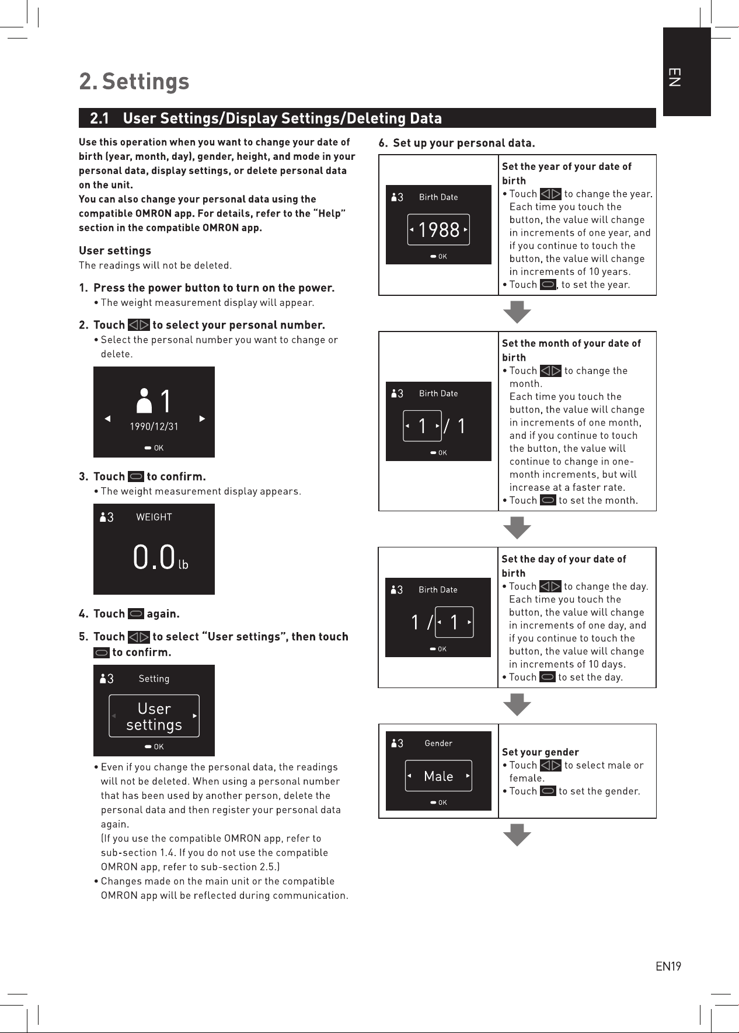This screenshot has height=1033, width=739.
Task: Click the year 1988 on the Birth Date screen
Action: tap(439, 230)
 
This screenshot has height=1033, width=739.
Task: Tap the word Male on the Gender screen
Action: tap(438, 776)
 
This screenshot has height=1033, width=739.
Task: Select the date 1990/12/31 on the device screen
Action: tap(154, 427)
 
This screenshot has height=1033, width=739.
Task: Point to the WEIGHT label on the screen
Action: tap(154, 517)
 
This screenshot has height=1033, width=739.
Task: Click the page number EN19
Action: tap(668, 966)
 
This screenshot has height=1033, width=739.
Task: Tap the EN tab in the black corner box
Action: tap(674, 77)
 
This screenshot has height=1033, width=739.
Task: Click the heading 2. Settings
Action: tap(134, 81)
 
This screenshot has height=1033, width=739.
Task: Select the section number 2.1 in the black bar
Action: tap(100, 118)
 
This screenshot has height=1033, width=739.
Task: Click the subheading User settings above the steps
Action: tap(115, 250)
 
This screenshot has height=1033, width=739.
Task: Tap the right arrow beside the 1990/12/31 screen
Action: tap(203, 418)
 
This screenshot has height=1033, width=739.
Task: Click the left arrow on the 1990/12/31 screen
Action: tap(107, 418)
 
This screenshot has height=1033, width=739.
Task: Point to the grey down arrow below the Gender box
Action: tap(517, 835)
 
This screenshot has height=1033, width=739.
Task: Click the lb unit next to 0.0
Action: tap(183, 564)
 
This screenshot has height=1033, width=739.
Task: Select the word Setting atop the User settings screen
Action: tap(154, 679)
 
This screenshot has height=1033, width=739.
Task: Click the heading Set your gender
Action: tap(541, 752)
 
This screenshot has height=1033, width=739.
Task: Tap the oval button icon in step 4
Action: tap(136, 614)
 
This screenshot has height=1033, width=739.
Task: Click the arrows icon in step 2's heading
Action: tap(139, 325)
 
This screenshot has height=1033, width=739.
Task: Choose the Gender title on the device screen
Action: tap(438, 743)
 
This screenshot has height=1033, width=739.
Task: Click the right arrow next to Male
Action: tap(468, 776)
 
